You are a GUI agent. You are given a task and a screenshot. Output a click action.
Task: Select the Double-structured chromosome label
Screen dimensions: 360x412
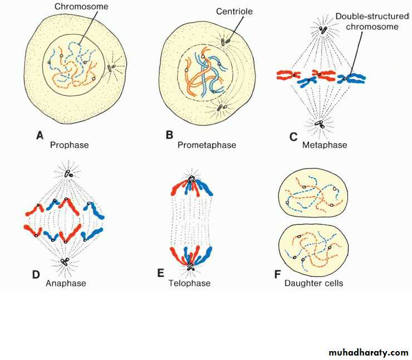pos(367,21)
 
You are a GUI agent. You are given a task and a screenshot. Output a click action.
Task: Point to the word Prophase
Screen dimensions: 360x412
pos(69,145)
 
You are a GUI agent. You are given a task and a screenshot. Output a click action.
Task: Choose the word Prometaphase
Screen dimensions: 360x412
pos(207,145)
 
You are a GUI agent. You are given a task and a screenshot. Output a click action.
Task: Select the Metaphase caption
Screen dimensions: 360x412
pos(325,145)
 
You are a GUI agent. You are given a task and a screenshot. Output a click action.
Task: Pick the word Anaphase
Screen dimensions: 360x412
pos(66,283)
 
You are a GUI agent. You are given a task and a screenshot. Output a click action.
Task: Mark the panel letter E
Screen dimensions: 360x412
pos(161,273)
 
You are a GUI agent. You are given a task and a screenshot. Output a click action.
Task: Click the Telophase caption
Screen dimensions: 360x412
pos(189,283)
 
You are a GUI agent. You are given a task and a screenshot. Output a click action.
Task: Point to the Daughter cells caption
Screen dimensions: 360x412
pos(313,283)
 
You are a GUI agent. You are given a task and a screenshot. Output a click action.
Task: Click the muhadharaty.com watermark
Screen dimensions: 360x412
pos(369,352)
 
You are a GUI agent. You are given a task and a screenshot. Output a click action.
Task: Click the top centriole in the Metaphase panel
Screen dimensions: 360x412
pos(322,30)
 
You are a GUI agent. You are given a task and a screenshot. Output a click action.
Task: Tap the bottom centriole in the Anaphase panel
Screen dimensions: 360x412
pos(65,261)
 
